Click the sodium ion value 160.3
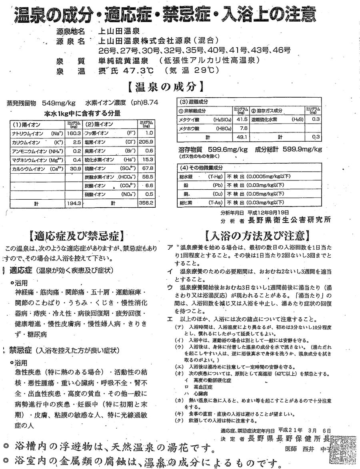click(x=75, y=133)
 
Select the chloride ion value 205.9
click(x=146, y=142)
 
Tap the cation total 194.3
click(x=75, y=203)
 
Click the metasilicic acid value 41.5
click(x=240, y=119)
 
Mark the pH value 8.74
click(x=150, y=103)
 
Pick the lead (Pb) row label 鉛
click(x=186, y=185)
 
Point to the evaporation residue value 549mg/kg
click(x=59, y=103)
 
